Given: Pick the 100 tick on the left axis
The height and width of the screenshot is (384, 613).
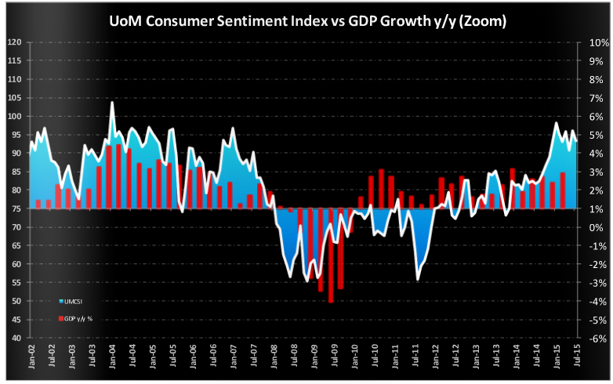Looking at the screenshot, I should coord(15,116).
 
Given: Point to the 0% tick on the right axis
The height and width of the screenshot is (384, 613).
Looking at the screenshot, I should coord(594,227).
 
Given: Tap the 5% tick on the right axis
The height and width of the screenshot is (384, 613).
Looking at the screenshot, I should coord(594,135).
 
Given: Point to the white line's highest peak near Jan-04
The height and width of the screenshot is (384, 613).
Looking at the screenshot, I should coord(113,103).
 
